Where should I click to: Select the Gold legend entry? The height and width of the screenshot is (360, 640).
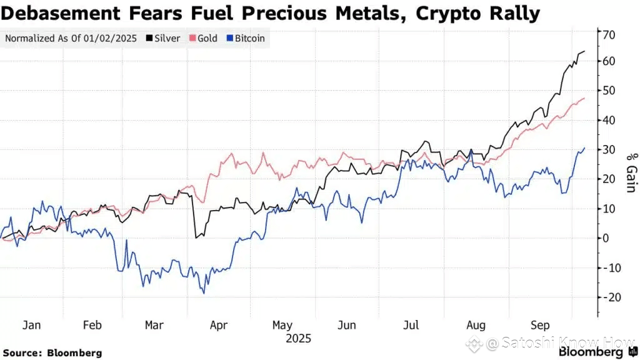click(204, 38)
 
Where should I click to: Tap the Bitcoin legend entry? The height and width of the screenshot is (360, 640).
click(246, 38)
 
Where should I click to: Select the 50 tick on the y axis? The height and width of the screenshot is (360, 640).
click(608, 91)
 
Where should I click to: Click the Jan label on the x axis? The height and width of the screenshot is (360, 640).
click(31, 326)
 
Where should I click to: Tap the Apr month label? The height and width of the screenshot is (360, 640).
click(218, 326)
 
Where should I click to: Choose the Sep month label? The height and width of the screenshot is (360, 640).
click(540, 326)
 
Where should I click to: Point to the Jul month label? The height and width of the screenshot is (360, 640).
click(411, 326)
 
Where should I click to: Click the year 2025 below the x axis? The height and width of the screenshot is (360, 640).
click(297, 338)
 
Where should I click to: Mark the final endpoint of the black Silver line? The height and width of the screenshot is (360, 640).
click(584, 51)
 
